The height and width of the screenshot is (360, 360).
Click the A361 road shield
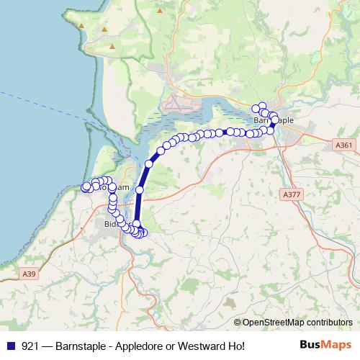(x=344, y=145)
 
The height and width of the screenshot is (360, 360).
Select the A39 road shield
(x=28, y=274)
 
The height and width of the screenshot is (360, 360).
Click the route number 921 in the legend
(x=29, y=346)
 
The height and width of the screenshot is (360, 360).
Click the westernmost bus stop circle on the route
(x=86, y=186)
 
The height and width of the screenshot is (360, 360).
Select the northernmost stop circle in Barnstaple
(x=262, y=105)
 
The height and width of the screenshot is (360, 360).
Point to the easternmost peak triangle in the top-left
(x=112, y=48)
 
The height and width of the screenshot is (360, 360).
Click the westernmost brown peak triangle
(x=82, y=26)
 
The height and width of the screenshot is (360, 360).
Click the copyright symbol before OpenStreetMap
(x=238, y=323)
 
